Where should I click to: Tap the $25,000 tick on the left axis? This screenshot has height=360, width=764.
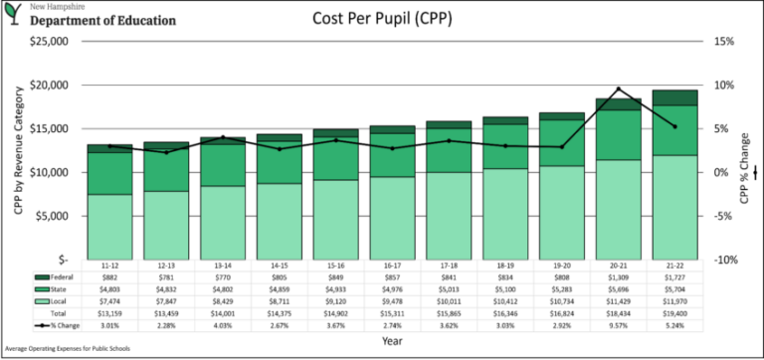coord(46,42)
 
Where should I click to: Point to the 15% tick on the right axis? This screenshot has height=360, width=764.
coord(722,42)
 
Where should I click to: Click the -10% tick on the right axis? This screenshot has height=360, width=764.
coord(722,260)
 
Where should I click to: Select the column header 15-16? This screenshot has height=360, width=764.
coord(336,267)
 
